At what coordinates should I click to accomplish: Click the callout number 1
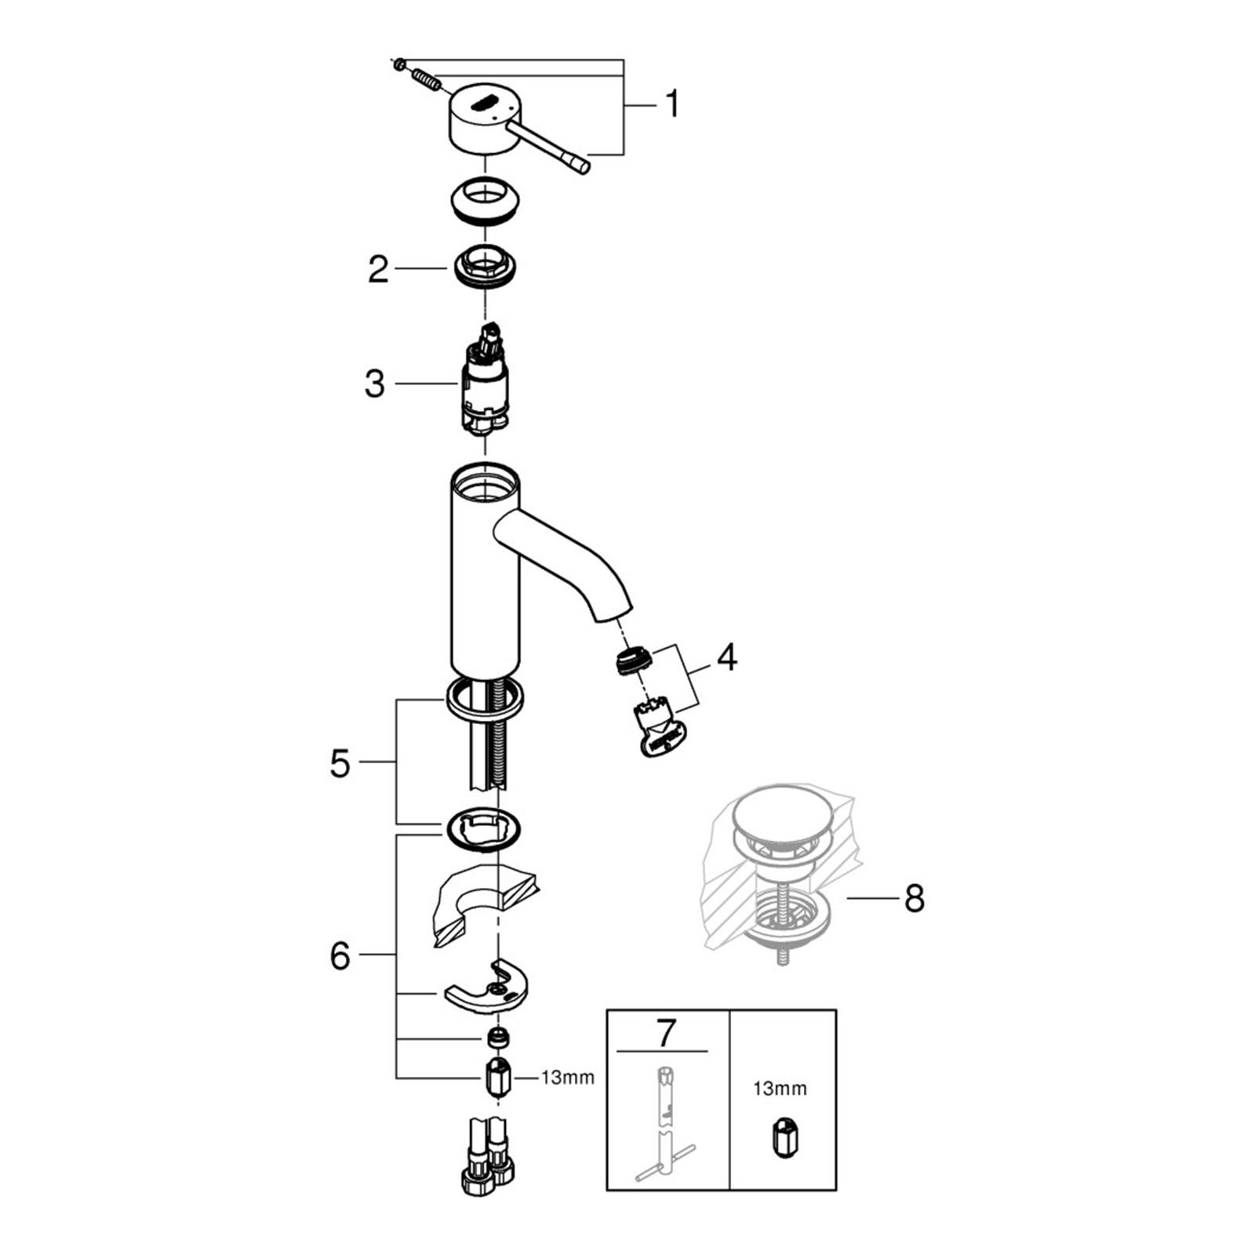(x=671, y=104)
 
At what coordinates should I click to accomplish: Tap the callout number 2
(x=378, y=269)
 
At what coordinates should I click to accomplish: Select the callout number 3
(x=375, y=384)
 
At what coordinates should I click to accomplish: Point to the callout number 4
(x=727, y=657)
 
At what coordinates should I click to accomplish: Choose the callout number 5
(x=340, y=763)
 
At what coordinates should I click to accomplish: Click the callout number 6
(x=340, y=956)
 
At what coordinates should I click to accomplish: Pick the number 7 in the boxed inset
(x=665, y=1033)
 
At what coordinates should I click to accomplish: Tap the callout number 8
(x=914, y=899)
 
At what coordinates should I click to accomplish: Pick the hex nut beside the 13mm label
(x=498, y=1077)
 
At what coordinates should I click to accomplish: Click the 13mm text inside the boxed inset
(x=780, y=1089)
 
